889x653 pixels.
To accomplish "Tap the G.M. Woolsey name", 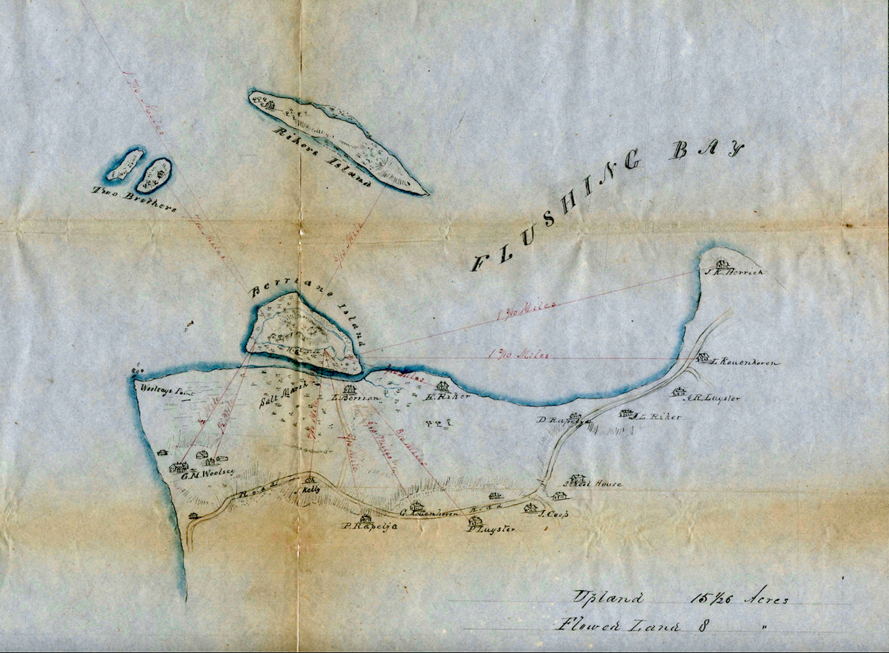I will (208, 474).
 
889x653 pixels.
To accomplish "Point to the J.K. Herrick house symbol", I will (722, 264).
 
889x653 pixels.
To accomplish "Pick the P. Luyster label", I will (491, 529).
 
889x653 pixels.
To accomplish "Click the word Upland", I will (608, 597).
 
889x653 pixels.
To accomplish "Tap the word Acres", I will (766, 600).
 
